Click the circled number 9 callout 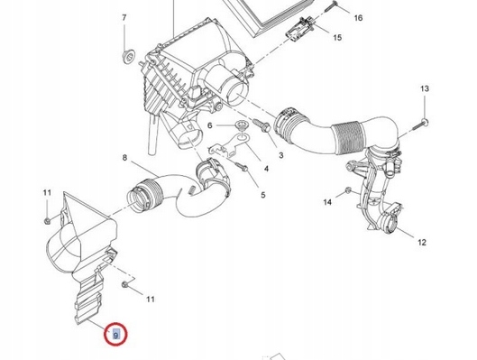(x=115, y=335)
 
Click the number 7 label (x=124, y=18)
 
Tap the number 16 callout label (x=358, y=18)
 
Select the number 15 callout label (x=337, y=38)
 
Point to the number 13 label (x=425, y=88)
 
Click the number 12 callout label (x=422, y=243)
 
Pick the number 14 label (x=327, y=202)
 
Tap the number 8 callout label (x=124, y=158)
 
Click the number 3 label (x=281, y=155)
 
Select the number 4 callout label (x=267, y=169)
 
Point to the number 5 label (x=263, y=195)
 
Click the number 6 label (x=209, y=125)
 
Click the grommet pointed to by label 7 (x=129, y=56)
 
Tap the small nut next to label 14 (x=348, y=190)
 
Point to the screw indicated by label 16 (x=331, y=6)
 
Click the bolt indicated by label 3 (x=261, y=125)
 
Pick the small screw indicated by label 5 (x=242, y=166)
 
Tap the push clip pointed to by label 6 (x=242, y=125)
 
